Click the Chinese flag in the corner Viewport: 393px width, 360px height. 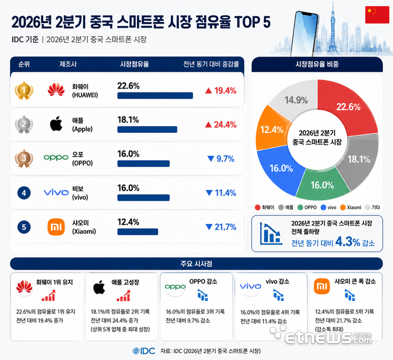(377, 15)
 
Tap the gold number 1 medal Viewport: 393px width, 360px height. (24, 90)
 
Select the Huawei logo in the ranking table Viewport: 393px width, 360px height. (56, 89)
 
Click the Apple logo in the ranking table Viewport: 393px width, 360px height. (56, 123)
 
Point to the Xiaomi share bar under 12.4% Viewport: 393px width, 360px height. (138, 232)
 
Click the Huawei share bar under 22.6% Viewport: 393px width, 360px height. (155, 95)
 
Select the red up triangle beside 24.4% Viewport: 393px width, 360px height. (208, 124)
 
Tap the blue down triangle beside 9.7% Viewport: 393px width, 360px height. (211, 159)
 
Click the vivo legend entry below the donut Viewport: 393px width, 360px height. (328, 207)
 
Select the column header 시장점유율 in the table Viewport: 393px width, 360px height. (134, 64)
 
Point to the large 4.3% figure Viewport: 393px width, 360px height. (348, 242)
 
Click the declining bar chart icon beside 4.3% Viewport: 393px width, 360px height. (271, 234)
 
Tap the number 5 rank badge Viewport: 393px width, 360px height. (24, 227)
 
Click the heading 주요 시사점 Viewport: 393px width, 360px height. (196, 264)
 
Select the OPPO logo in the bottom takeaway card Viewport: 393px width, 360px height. (175, 287)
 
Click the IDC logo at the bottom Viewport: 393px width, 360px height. (144, 351)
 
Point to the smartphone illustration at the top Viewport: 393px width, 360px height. (304, 34)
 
